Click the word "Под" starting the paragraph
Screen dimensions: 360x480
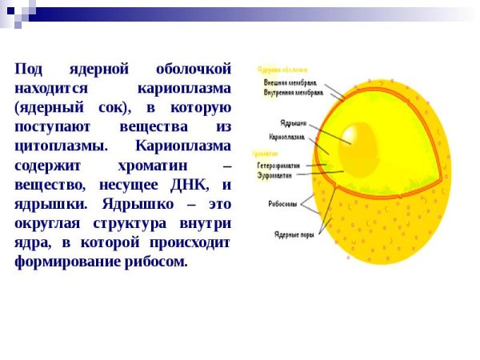[x=30, y=68]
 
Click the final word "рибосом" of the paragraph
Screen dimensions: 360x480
[x=158, y=262]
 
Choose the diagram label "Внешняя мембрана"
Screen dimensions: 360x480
[x=290, y=82]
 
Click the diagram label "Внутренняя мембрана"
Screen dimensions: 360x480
[x=293, y=93]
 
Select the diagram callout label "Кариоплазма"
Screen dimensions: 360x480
[x=286, y=137]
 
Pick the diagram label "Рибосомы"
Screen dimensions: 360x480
[x=282, y=203]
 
